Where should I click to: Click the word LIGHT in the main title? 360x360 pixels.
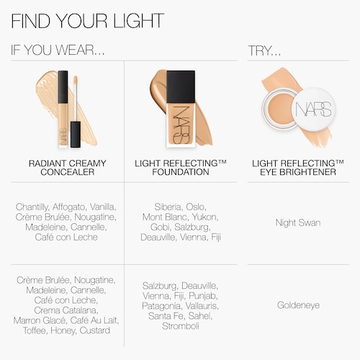pos(138,21)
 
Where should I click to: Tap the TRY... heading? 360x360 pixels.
pos(264,50)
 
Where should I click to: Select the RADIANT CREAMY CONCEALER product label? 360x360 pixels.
pos(68,168)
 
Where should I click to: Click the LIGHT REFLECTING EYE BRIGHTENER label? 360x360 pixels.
pos(298,168)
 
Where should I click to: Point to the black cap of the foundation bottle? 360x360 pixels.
pos(181,86)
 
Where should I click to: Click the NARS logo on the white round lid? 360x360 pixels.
pos(313,109)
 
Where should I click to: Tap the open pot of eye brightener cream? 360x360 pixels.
pos(279,109)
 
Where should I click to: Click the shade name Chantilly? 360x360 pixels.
pos(32,207)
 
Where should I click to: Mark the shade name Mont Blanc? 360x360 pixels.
pos(165,217)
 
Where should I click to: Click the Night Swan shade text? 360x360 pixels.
pos(298,222)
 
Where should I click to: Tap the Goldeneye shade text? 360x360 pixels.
pos(298,305)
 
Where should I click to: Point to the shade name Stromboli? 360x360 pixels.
pos(181,326)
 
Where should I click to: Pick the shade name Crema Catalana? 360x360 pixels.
pos(66,310)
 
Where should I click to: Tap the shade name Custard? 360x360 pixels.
pos(95,330)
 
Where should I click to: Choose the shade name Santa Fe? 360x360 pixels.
pos(166,316)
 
